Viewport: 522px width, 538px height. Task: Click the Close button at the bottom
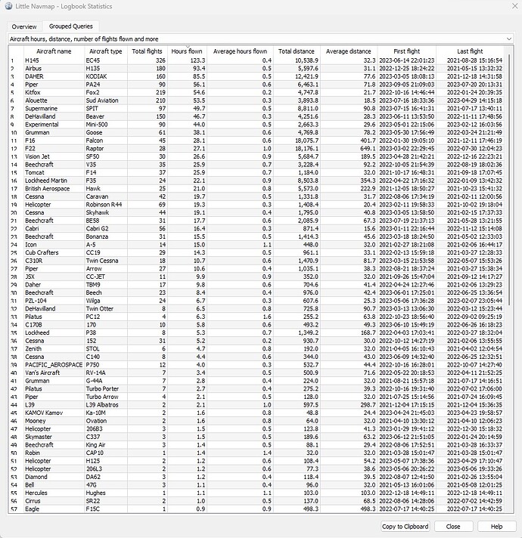pyautogui.click(x=453, y=526)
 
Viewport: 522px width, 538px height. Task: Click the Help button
pyautogui.click(x=497, y=526)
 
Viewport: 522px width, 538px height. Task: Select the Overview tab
pyautogui.click(x=23, y=26)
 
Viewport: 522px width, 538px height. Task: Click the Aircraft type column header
pyautogui.click(x=106, y=51)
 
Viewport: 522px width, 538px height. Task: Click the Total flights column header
pyautogui.click(x=148, y=51)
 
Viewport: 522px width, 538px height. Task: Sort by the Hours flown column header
pyautogui.click(x=187, y=51)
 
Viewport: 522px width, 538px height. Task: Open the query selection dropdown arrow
pyautogui.click(x=511, y=38)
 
